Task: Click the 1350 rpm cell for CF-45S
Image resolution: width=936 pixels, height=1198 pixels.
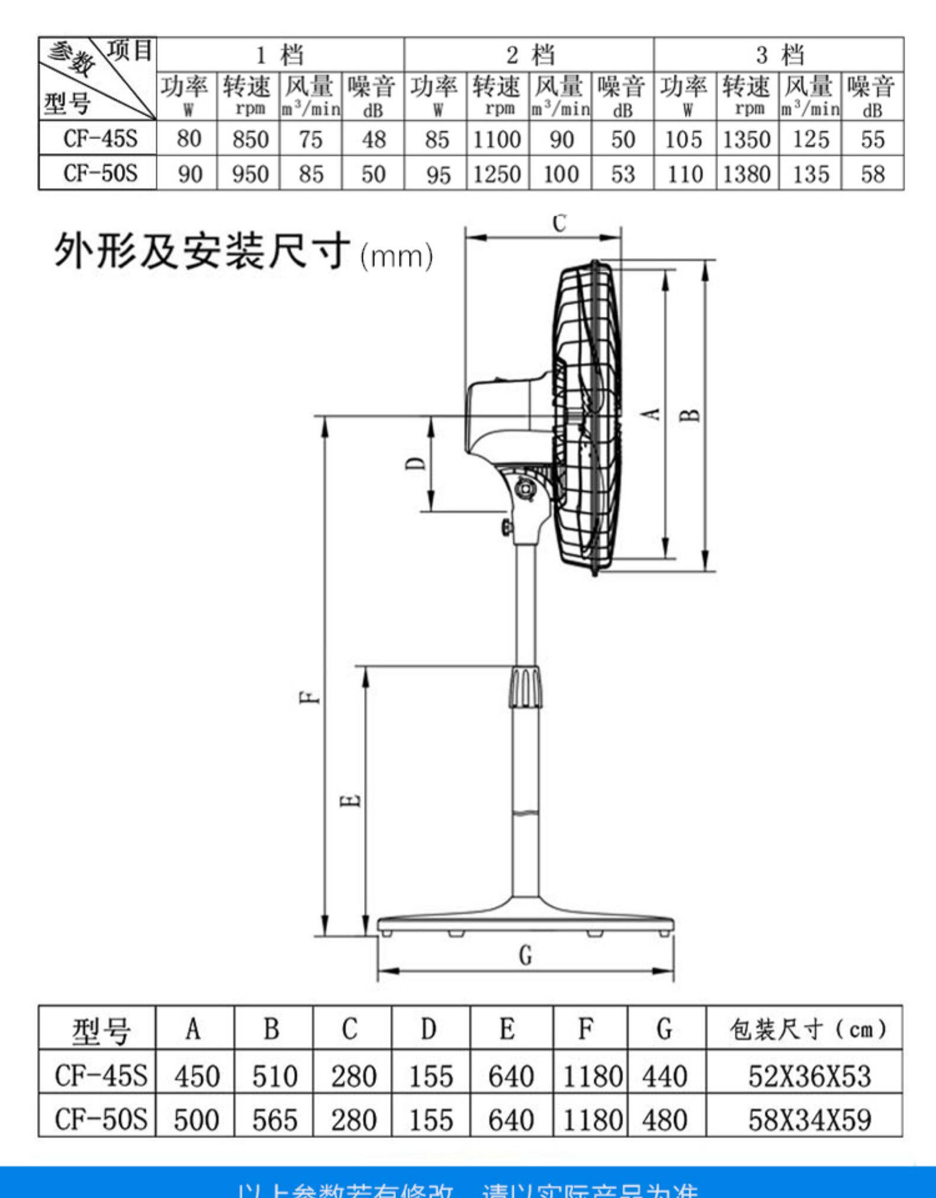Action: (746, 140)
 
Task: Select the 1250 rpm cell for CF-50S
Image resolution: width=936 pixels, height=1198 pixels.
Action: (497, 174)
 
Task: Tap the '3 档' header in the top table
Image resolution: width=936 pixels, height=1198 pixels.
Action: (779, 55)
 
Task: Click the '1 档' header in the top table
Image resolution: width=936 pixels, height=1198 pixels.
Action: (279, 55)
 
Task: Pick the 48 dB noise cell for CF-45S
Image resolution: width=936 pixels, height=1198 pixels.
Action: (373, 140)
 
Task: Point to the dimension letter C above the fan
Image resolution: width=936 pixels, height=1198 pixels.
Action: (559, 223)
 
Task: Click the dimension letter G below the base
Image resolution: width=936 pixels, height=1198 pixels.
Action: (525, 955)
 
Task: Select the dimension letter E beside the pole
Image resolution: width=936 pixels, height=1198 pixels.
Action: (350, 801)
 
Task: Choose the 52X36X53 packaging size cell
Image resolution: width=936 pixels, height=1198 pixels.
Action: (809, 1076)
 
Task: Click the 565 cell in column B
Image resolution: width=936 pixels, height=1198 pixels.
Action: (274, 1120)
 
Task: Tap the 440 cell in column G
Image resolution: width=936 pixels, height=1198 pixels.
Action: (665, 1076)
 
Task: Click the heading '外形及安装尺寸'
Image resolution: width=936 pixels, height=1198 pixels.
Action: (201, 251)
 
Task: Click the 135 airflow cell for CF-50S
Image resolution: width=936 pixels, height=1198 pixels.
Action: (810, 174)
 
